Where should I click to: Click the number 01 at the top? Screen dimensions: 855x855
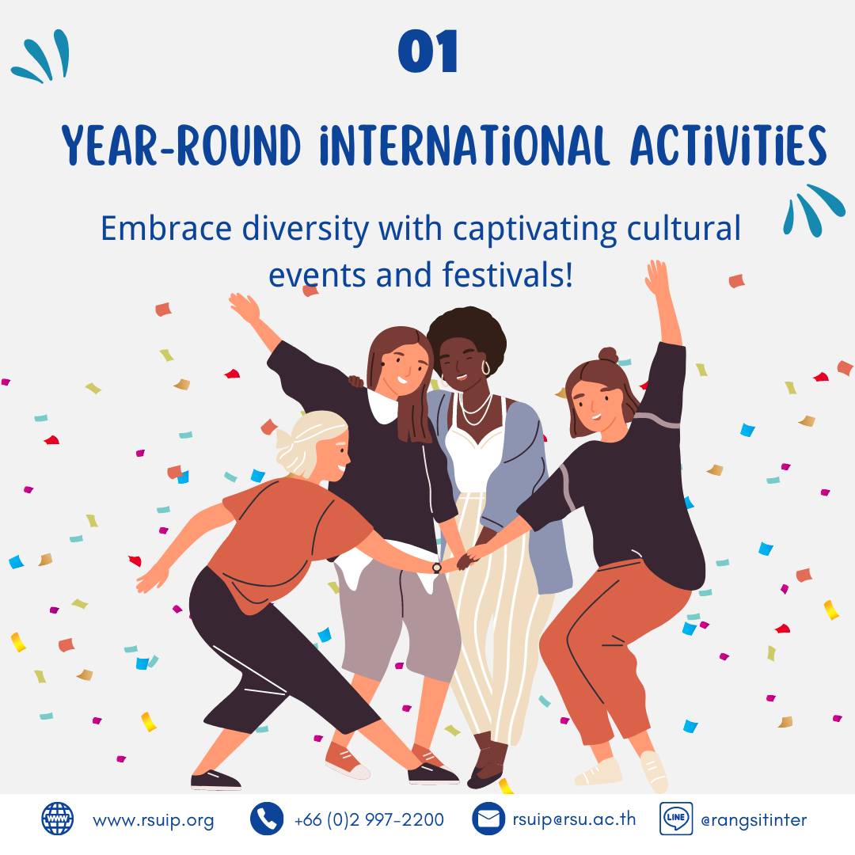(427, 51)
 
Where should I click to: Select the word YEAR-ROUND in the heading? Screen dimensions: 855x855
(181, 145)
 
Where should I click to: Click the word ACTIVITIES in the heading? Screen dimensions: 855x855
(728, 145)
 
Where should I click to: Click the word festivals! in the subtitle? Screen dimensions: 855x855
(507, 274)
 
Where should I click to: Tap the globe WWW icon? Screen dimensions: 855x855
(58, 819)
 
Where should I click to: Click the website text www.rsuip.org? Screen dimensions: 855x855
(154, 820)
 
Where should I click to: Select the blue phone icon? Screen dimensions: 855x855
(267, 819)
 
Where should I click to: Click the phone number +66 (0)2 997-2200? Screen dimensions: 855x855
(369, 819)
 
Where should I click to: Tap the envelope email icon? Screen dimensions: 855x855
(488, 819)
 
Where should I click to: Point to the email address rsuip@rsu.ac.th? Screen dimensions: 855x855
(574, 819)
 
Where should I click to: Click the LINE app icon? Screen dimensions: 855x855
(676, 819)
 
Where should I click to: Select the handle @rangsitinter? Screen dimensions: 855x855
(754, 820)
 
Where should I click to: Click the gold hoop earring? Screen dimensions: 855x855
(485, 367)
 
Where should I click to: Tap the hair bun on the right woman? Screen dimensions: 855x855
(609, 355)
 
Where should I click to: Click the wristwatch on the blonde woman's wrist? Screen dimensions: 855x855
(437, 568)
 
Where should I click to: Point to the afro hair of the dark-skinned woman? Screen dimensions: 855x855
(467, 336)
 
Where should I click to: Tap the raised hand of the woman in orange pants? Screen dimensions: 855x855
(657, 278)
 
